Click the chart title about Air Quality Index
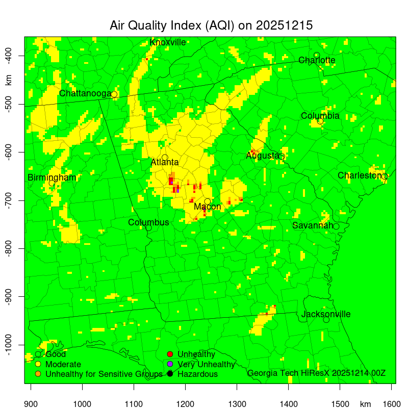pyautogui.click(x=211, y=25)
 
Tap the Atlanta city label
pyautogui.click(x=165, y=163)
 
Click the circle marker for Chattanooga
pyautogui.click(x=114, y=94)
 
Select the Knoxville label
pyautogui.click(x=168, y=42)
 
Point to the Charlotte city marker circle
pyautogui.click(x=317, y=55)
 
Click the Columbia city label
pyautogui.click(x=320, y=116)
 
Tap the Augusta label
pyautogui.click(x=262, y=156)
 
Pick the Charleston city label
pyautogui.click(x=360, y=175)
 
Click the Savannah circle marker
pyautogui.click(x=336, y=226)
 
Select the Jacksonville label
pyautogui.click(x=326, y=314)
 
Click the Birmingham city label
pyautogui.click(x=52, y=177)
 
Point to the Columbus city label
pyautogui.click(x=148, y=222)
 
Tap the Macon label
pyautogui.click(x=208, y=207)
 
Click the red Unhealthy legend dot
pyautogui.click(x=170, y=354)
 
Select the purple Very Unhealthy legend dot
pyautogui.click(x=170, y=364)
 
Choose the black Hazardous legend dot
pyautogui.click(x=170, y=374)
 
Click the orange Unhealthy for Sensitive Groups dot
pyautogui.click(x=38, y=374)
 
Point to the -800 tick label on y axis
pyautogui.click(x=9, y=248)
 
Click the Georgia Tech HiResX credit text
pyautogui.click(x=316, y=373)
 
